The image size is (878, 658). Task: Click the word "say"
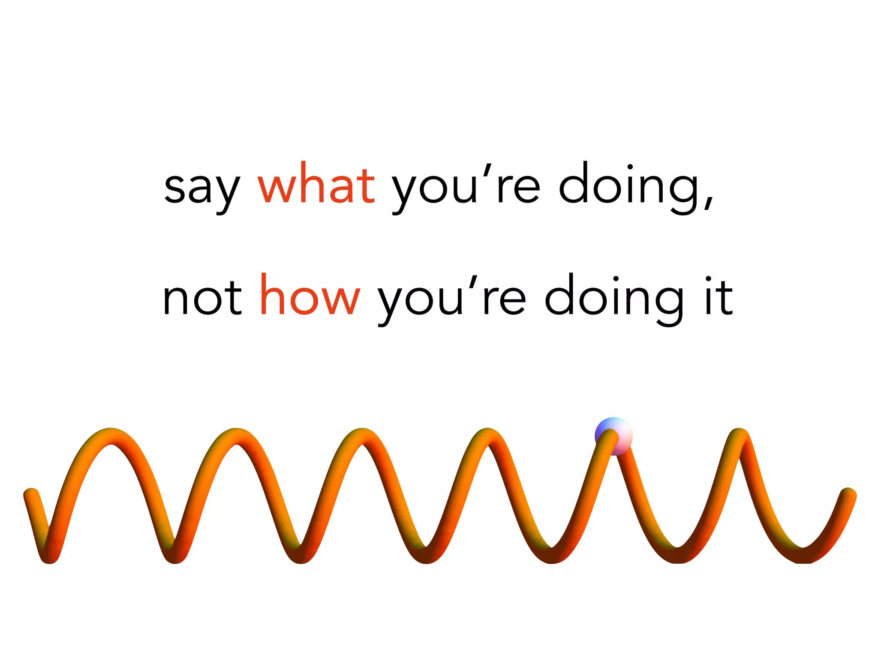click(202, 188)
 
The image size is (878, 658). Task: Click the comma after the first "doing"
click(709, 201)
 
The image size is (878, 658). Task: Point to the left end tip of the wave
click(30, 495)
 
